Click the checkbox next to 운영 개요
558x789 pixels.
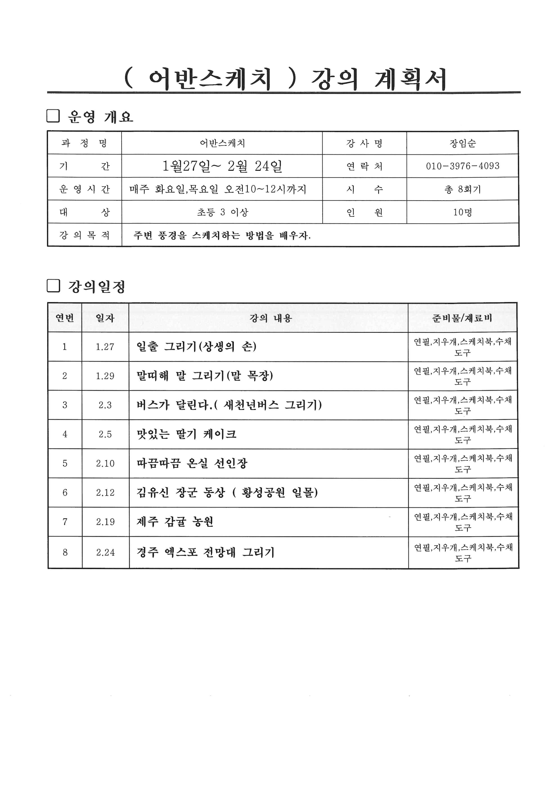click(x=53, y=116)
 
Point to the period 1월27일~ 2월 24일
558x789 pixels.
click(x=222, y=166)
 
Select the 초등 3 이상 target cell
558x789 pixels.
click(x=222, y=212)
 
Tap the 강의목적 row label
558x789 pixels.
click(x=85, y=235)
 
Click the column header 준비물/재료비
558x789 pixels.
click(x=462, y=318)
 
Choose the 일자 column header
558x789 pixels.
click(x=105, y=318)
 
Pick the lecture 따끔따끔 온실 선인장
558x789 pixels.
click(x=192, y=463)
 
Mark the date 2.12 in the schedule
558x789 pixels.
click(x=105, y=492)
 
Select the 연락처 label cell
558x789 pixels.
click(x=364, y=166)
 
